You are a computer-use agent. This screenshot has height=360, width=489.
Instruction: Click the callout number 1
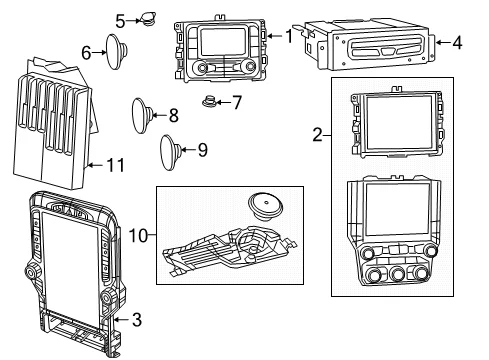coord(289,36)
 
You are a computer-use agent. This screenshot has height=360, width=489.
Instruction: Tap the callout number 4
coord(457,43)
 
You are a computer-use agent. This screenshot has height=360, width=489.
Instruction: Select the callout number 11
coord(115,165)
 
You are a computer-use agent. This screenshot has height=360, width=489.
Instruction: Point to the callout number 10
coord(138,236)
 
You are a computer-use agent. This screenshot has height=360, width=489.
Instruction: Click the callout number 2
coord(318,135)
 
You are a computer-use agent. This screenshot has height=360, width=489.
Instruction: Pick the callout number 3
coord(137,319)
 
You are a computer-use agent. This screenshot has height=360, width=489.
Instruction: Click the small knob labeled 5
coord(148,19)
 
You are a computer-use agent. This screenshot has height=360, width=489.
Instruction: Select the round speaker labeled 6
coord(116,52)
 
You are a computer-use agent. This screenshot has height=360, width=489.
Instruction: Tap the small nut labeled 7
coord(210,101)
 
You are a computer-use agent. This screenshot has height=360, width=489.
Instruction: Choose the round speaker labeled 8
coord(142,116)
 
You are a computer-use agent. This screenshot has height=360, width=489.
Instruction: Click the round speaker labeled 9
coord(171,152)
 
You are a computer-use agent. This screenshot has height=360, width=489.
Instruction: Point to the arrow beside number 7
coord(224,102)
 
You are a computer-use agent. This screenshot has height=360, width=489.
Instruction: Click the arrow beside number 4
coord(443,42)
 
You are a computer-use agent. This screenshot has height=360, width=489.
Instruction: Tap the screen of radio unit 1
coord(223,42)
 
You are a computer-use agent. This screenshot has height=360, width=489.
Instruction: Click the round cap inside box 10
coord(265,206)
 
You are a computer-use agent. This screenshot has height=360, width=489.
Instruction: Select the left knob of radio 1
coord(202,68)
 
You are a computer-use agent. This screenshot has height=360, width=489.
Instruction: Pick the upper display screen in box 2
coord(399,123)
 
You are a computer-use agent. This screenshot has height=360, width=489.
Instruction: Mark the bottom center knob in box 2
coord(398,274)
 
